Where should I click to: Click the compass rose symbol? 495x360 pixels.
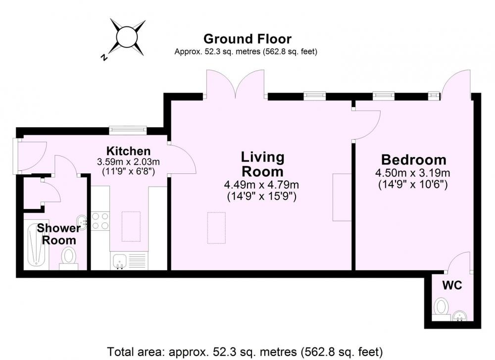click(127, 37)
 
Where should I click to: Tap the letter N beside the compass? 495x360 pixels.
click(103, 57)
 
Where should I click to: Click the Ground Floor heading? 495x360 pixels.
click(247, 39)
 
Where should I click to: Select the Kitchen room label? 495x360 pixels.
click(129, 151)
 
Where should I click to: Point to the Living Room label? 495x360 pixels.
click(263, 164)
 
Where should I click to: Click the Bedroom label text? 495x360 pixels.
click(414, 160)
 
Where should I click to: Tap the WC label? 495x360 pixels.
click(452, 285)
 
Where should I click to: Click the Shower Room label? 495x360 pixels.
click(59, 234)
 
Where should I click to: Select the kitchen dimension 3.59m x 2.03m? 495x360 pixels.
click(129, 162)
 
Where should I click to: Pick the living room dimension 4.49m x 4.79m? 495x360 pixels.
click(262, 184)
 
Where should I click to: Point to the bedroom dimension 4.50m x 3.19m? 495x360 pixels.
click(413, 173)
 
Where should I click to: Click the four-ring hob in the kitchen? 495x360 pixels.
click(100, 221)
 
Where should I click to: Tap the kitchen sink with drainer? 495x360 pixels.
click(129, 261)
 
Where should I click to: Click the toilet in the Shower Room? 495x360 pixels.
click(68, 258)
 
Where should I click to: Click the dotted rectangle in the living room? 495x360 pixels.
click(217, 228)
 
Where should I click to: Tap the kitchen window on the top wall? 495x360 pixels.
click(128, 130)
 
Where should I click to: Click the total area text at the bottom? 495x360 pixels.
click(245, 352)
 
